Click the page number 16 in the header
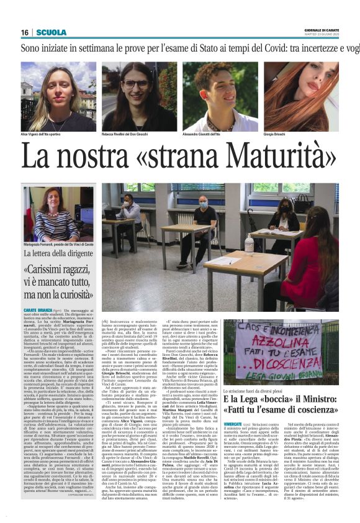25,32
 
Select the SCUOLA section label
52,32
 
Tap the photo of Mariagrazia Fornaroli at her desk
59,214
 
